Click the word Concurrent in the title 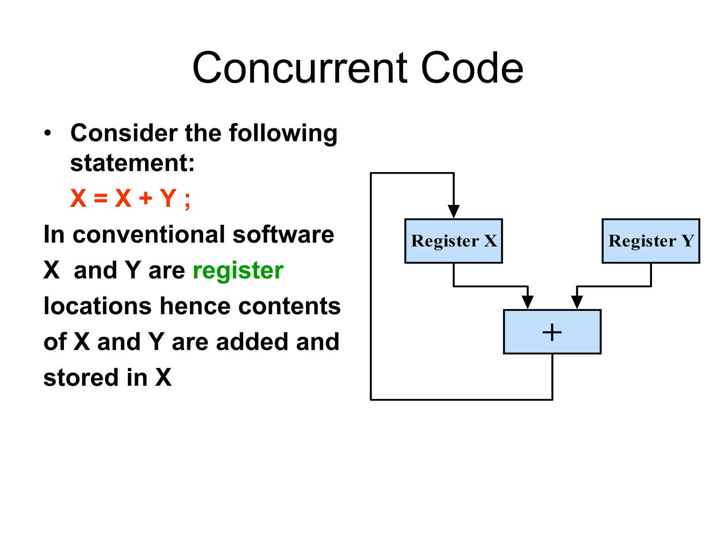[300, 68]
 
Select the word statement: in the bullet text [132, 163]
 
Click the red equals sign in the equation [101, 199]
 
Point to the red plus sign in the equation [146, 199]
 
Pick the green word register [238, 271]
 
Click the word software [283, 235]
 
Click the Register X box [453, 241]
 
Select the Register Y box [651, 241]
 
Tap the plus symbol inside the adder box [552, 332]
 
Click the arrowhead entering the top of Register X [453, 211]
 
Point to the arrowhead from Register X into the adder [528, 302]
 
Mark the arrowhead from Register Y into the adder [577, 302]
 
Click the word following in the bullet [283, 134]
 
